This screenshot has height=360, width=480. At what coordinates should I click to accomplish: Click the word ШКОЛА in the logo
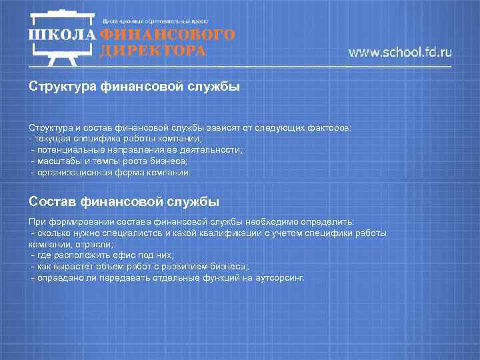[x=62, y=35]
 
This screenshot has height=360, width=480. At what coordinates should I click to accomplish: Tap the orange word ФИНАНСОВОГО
[x=167, y=35]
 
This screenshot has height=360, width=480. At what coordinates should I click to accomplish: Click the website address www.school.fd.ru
[x=400, y=52]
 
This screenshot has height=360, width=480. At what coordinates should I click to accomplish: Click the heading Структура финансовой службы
[x=134, y=86]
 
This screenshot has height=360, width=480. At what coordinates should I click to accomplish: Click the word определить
[x=331, y=222]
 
